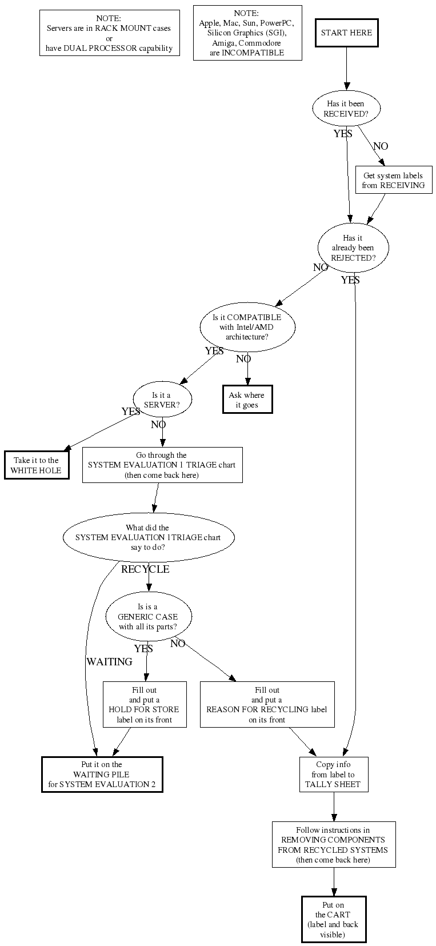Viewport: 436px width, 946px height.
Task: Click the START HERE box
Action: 346,33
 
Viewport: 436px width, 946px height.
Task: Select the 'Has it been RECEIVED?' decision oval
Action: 346,109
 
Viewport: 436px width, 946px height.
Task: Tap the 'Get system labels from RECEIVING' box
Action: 393,180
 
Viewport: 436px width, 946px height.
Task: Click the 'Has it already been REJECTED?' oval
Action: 353,248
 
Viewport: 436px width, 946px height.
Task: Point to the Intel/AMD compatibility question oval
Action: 247,327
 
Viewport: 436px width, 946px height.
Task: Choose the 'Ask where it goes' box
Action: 247,400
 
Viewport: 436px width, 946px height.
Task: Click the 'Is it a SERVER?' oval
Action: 162,400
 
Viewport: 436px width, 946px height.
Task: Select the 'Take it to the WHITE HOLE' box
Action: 37,465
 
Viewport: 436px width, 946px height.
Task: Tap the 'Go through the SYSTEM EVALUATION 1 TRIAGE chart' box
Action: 162,465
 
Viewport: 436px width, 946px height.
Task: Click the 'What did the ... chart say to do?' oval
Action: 148,537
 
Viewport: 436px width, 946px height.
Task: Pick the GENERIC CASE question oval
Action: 148,617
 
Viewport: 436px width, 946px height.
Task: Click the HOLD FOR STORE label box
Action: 145,704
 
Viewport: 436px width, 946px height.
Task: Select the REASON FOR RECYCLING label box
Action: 267,704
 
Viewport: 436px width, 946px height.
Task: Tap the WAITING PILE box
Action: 102,775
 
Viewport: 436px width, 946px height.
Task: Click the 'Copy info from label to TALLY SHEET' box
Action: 333,775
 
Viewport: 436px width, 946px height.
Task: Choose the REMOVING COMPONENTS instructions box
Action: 333,844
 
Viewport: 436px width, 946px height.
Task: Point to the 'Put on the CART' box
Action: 333,919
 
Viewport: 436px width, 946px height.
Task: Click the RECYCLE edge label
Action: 145,569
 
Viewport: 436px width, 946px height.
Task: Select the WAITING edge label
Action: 109,661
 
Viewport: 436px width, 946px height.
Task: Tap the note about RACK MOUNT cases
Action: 109,33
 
